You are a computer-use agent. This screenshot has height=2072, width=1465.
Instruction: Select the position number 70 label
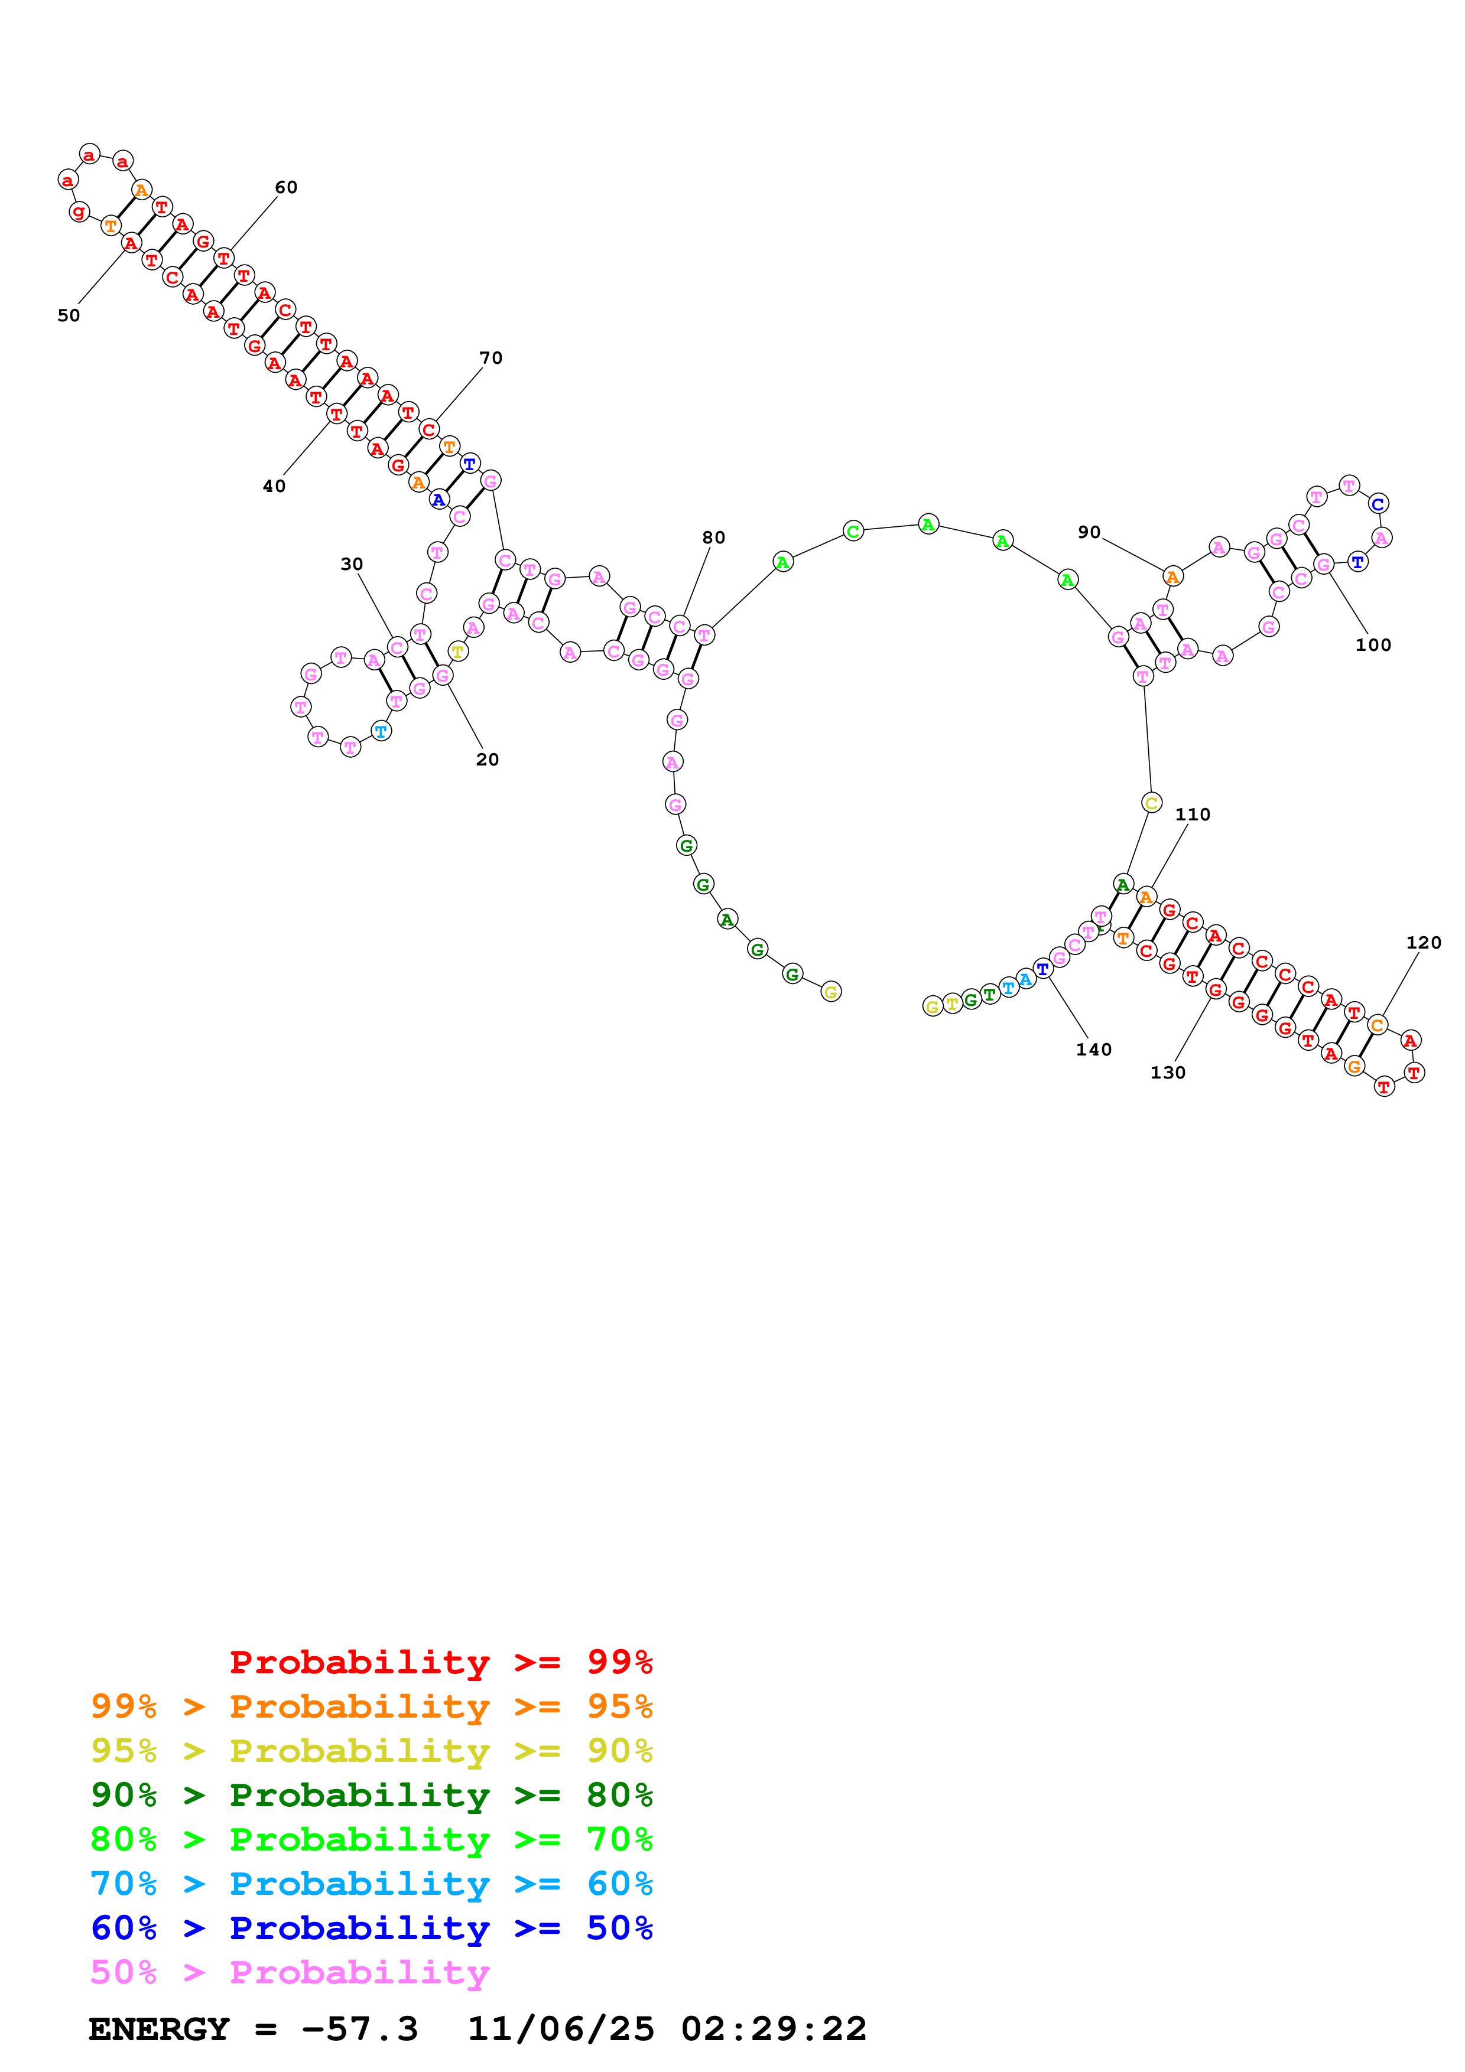(491, 359)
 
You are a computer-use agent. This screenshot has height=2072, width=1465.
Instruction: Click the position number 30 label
(351, 564)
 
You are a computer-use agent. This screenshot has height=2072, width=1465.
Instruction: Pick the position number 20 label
(488, 760)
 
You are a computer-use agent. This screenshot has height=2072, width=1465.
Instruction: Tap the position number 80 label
(714, 538)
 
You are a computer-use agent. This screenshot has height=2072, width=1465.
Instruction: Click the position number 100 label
(1373, 645)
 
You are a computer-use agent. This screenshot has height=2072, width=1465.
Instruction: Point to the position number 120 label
(1424, 943)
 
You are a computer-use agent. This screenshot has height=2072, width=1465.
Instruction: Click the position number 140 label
(1093, 1050)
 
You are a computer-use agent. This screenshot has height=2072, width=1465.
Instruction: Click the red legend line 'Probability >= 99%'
(440, 1661)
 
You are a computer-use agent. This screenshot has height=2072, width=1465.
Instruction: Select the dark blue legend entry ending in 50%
(371, 1928)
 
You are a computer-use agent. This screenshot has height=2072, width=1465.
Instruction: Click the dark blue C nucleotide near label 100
(1378, 504)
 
